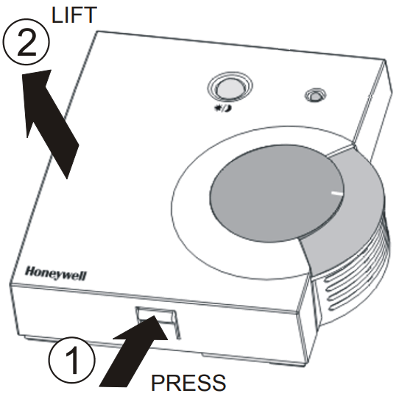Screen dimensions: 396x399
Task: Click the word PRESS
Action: [188, 382]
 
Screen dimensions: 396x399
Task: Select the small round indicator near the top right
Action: [315, 95]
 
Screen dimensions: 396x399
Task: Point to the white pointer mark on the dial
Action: [337, 193]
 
